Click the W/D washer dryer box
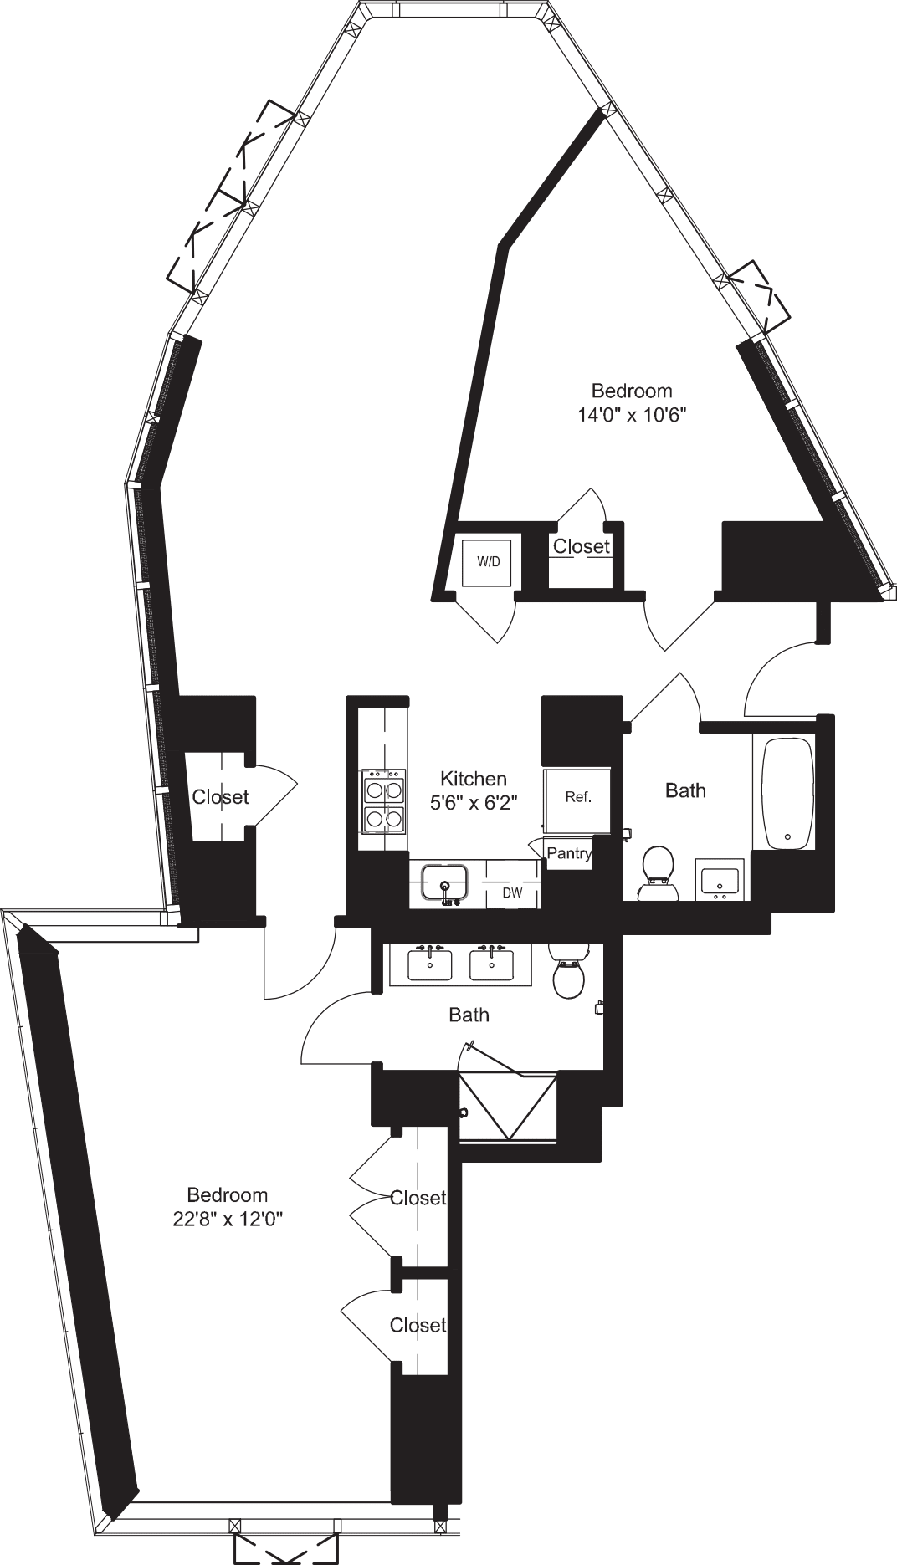pos(489,562)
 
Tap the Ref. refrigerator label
pos(578,797)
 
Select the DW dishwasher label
pos(512,893)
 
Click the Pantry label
pos(569,854)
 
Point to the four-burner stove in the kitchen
pos(383,801)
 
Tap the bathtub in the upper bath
pos(787,791)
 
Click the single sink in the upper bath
pos(720,881)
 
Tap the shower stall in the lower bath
pos(508,1106)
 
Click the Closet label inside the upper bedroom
pos(582,546)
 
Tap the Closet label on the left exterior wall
pos(220,797)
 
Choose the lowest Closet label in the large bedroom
pos(418,1325)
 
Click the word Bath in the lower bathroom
pos(469,1015)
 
